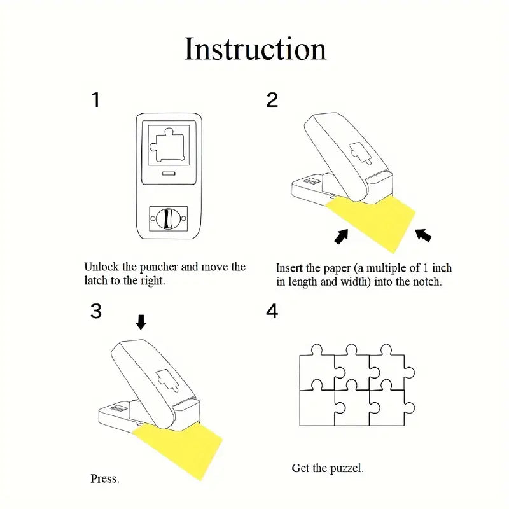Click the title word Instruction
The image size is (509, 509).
point(255,50)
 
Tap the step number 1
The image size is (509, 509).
point(95,100)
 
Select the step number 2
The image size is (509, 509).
point(272,100)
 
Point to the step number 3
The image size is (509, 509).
point(95,311)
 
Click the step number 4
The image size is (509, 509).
point(272,312)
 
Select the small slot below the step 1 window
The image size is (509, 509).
point(168,173)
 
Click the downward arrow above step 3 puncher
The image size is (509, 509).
point(141,323)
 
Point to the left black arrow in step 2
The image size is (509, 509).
point(342,236)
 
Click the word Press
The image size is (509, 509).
point(105,478)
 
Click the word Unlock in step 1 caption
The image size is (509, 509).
point(101,267)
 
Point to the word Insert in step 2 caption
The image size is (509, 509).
point(290,268)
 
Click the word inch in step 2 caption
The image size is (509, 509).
point(440,268)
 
